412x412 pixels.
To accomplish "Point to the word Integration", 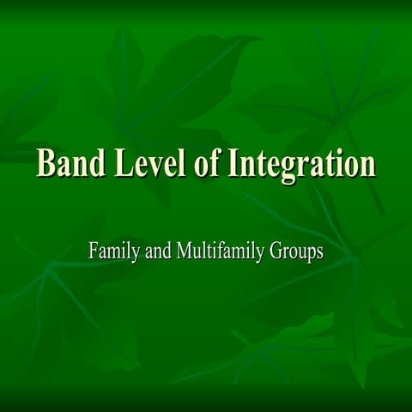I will pos(301,164).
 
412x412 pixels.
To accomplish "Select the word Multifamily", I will pos(217,252).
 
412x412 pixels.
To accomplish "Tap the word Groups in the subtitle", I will pos(296,253).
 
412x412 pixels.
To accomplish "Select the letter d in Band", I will pos(94,162).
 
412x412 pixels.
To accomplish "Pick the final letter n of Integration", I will pos(367,166).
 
